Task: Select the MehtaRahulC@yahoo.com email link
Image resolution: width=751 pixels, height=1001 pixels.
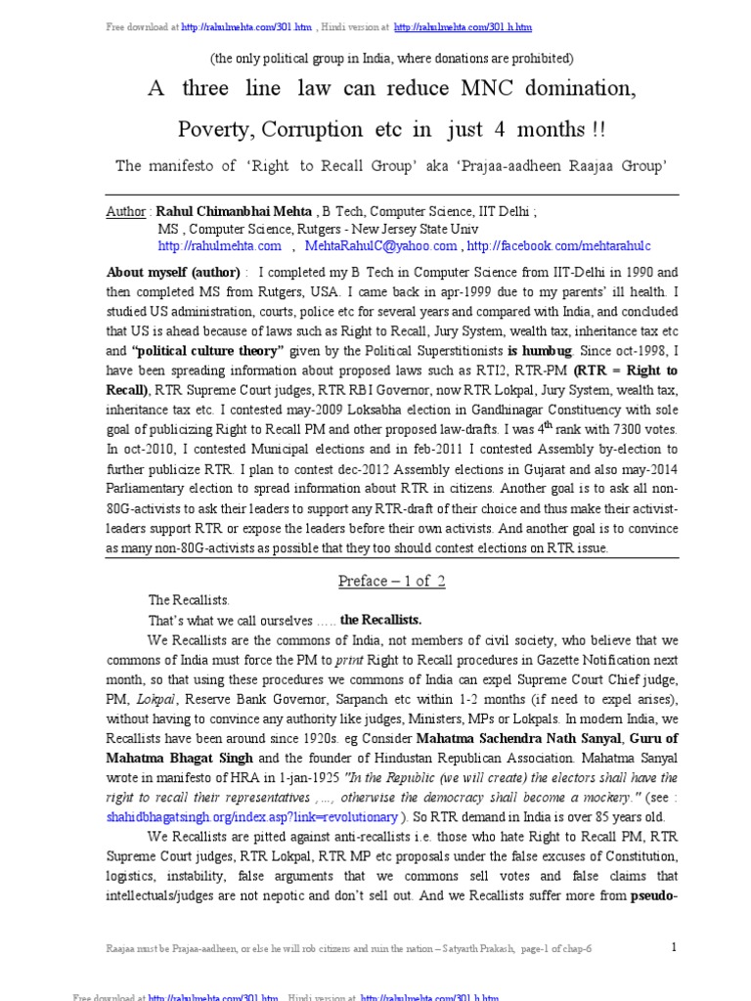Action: click(381, 246)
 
